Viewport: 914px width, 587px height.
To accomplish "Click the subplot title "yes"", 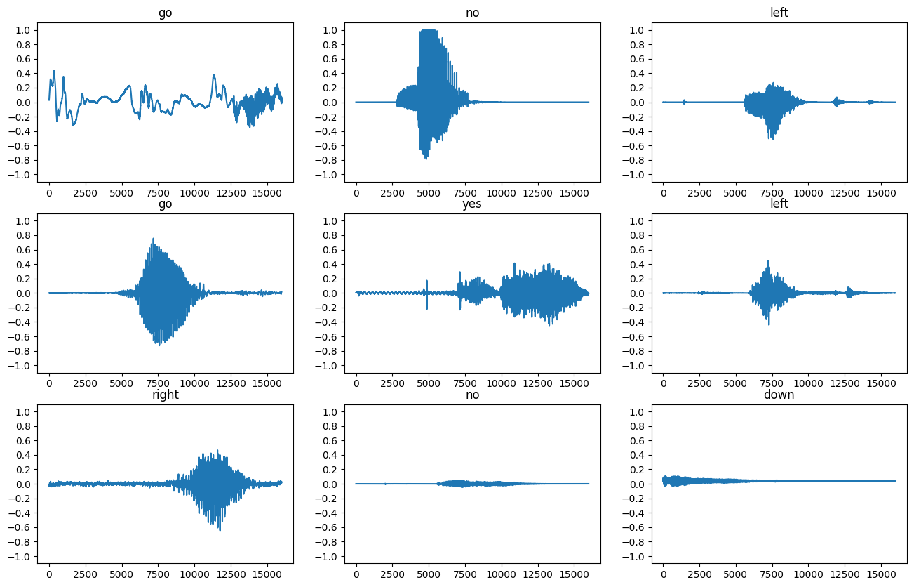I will point(472,204).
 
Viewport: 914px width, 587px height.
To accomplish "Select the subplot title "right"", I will point(166,395).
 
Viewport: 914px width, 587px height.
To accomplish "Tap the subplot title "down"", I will point(779,395).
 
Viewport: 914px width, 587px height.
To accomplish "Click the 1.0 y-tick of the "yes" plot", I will point(332,221).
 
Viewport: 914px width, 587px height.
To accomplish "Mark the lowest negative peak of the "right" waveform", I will point(220,529).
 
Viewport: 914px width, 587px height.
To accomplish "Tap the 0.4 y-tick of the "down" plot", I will point(638,455).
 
